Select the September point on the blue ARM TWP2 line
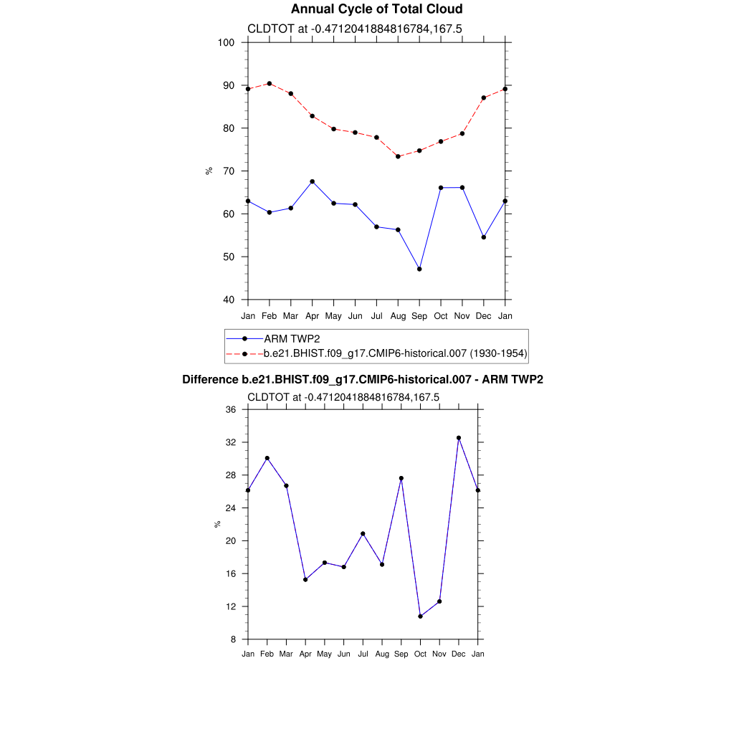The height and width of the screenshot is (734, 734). (x=419, y=269)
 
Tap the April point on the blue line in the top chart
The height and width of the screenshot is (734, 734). (x=312, y=181)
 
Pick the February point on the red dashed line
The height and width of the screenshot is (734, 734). (x=269, y=83)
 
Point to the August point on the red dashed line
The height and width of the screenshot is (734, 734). (x=398, y=156)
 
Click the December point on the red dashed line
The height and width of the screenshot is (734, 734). (x=484, y=97)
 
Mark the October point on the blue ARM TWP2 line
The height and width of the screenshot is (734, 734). (x=441, y=188)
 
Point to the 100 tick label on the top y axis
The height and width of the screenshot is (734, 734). (x=227, y=42)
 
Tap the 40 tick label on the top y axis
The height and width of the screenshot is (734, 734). (x=229, y=300)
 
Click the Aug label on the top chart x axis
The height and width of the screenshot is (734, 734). (x=398, y=316)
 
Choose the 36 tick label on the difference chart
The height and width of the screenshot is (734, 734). (x=231, y=409)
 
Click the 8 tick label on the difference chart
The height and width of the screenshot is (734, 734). (x=234, y=639)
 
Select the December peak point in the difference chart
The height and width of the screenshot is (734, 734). (x=459, y=438)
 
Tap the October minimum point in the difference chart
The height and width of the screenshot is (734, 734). (x=420, y=616)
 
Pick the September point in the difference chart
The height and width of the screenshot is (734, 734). (x=401, y=478)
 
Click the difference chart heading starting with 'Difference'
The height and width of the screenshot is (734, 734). (x=363, y=379)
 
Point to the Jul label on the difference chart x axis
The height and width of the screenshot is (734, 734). (x=363, y=654)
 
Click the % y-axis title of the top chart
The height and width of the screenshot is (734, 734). (x=209, y=171)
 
